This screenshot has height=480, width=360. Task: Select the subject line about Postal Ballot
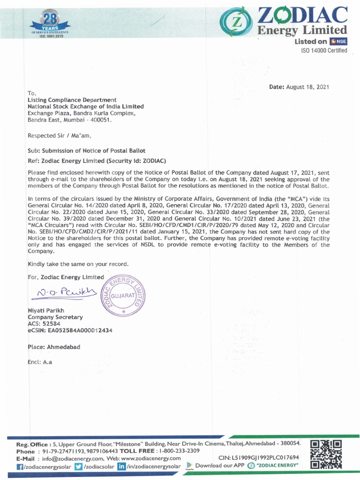[87, 150]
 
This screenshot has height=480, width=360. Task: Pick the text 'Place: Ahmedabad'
[54, 347]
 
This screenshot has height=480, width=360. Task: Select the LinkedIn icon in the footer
[121, 467]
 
